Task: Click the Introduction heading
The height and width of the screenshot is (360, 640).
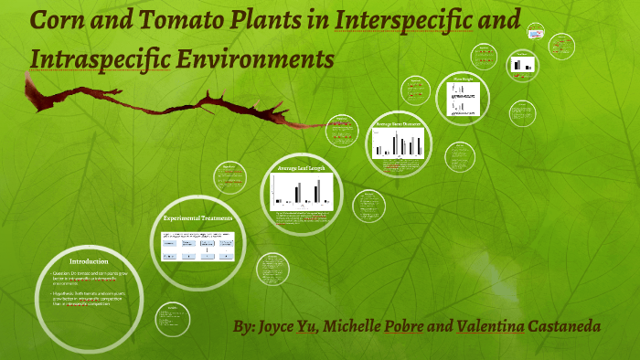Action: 89,262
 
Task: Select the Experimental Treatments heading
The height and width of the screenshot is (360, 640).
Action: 197,219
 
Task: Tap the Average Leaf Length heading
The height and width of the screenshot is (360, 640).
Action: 301,169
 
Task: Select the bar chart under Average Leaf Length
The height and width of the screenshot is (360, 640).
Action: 301,191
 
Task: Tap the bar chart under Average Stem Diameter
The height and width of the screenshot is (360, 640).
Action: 397,143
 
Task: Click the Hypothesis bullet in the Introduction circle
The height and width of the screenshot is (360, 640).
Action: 87,296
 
